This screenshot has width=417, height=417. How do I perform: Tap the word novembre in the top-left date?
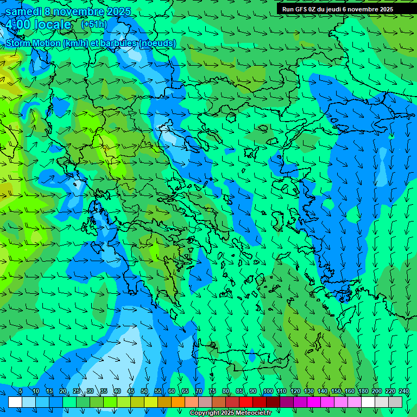80,11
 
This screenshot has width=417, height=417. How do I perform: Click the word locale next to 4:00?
52,24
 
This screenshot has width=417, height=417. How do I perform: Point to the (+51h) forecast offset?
94,24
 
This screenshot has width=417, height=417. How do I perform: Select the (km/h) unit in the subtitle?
74,43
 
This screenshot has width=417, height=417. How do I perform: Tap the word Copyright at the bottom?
206,413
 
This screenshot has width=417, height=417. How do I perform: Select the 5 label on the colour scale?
21,391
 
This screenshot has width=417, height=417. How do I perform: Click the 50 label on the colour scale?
144,391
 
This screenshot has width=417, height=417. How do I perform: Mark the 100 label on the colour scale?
268,391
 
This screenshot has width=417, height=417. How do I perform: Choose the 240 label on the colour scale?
404,391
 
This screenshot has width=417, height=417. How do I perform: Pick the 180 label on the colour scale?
363,391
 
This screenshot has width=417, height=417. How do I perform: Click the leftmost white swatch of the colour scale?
15,402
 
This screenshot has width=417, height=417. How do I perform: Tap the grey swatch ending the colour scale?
395,402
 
